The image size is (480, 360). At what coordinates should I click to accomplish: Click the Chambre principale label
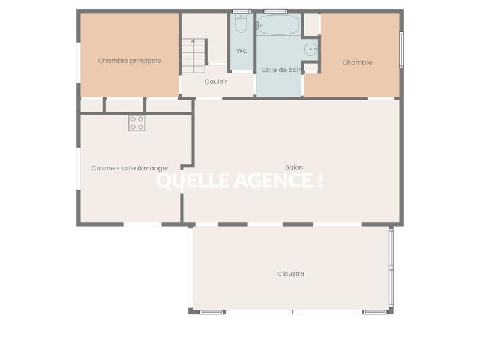[x=130, y=61]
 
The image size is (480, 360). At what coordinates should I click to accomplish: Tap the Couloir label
[x=216, y=82]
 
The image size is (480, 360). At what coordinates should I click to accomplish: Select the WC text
[x=242, y=51]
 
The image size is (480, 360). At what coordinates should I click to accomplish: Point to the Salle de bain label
[x=281, y=70]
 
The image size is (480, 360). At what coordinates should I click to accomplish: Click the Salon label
[x=294, y=167]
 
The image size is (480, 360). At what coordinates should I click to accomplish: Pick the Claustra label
[x=290, y=274]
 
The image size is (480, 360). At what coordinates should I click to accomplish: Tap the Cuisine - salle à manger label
[x=130, y=169]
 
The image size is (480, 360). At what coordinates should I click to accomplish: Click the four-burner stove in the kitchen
[x=137, y=123]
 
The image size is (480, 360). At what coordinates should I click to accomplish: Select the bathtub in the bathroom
[x=277, y=25]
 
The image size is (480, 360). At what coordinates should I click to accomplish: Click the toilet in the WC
[x=241, y=24]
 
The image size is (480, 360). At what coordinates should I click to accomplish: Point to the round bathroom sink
[x=311, y=49]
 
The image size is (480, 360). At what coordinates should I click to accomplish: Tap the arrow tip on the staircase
[x=193, y=40]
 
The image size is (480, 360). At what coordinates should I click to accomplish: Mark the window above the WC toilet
[x=241, y=11]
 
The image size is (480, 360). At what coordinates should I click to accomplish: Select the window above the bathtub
[x=275, y=11]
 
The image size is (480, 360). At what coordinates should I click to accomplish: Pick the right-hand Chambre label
[x=357, y=62]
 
